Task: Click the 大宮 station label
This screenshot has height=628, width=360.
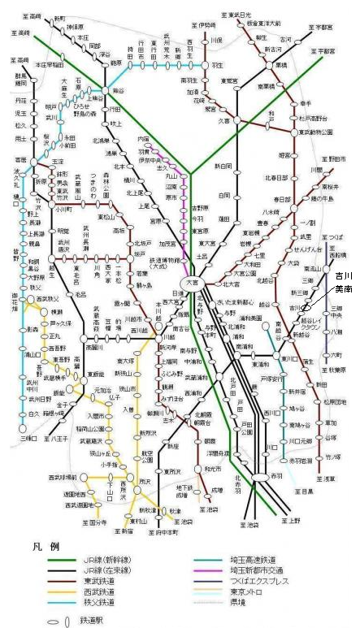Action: click(x=192, y=282)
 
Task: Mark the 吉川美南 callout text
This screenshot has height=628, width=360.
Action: click(x=343, y=284)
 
